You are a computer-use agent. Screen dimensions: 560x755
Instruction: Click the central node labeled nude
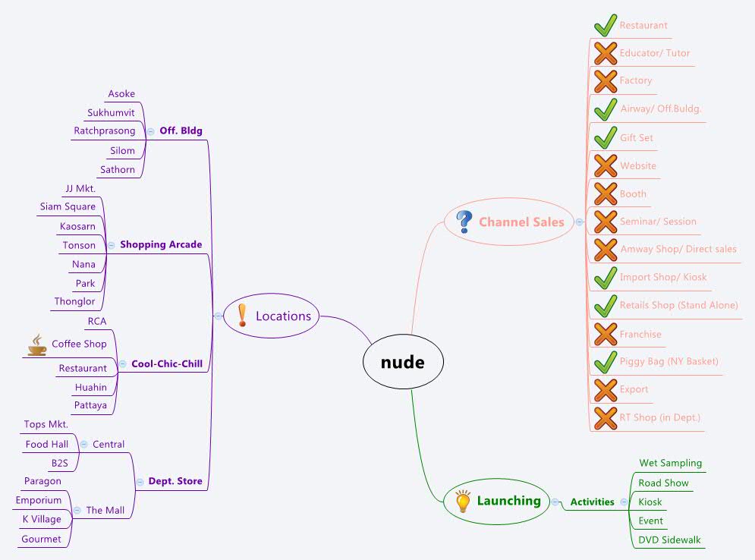pos(402,363)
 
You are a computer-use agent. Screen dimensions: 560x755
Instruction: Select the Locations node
pos(282,316)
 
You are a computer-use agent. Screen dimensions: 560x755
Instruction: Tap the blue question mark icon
pos(464,222)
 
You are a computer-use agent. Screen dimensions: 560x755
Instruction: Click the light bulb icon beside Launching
pos(462,501)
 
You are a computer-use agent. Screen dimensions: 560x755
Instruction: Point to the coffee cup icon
pos(36,345)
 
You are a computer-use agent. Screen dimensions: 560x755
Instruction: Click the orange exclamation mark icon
pos(242,315)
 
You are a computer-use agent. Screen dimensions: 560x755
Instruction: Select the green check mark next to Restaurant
pos(605,25)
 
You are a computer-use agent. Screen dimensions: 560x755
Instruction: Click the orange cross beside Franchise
pos(605,334)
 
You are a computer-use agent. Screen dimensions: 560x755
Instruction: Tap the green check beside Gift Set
pos(605,137)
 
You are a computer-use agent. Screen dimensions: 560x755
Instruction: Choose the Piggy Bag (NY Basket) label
pos(668,361)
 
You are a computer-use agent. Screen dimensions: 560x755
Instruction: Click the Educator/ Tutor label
pos(654,53)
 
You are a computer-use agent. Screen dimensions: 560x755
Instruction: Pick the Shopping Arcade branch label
pos(161,244)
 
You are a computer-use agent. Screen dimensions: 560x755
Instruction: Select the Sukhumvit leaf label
pos(111,113)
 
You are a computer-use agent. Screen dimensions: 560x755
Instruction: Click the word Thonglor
pos(75,301)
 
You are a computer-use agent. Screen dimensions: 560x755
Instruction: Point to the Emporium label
pos(39,500)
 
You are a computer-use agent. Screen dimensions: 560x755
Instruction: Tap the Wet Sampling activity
pos(670,463)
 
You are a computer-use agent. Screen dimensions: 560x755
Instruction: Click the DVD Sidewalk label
pos(669,540)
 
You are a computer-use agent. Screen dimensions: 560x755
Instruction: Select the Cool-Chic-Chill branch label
pos(167,363)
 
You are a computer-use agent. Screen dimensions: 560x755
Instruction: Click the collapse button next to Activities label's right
pos(624,502)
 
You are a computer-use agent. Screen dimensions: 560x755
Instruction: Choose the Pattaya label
pos(90,405)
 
